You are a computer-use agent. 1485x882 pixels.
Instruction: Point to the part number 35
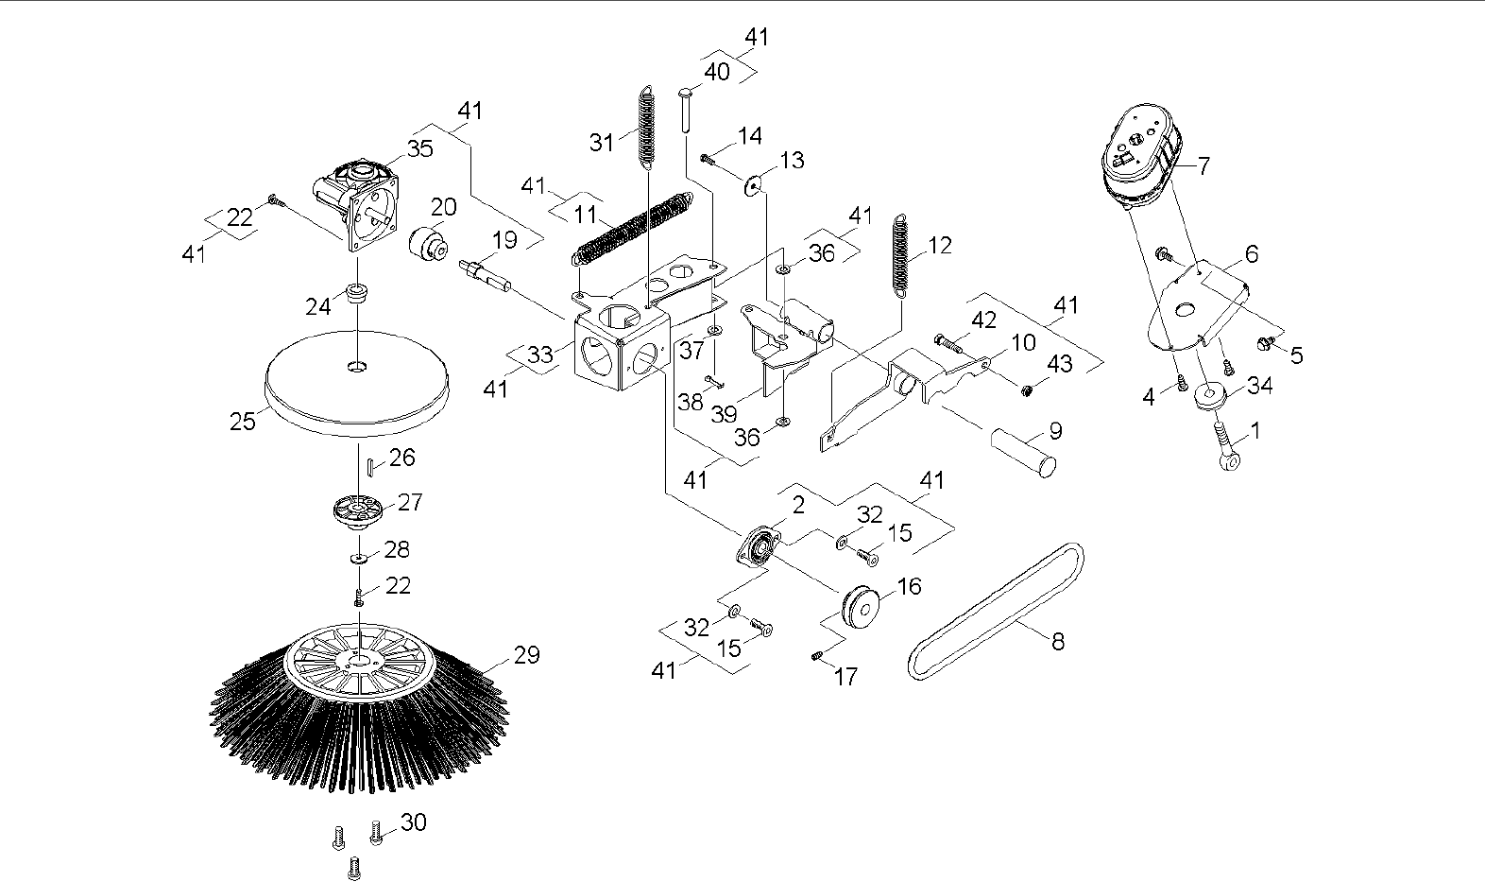419,147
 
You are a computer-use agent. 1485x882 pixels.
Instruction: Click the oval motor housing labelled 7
1141,156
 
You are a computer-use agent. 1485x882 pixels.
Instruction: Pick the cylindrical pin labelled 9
1022,452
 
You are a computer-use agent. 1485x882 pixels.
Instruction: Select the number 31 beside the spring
602,142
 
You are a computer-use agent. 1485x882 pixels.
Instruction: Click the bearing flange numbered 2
759,548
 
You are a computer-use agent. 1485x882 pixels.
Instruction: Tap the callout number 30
414,822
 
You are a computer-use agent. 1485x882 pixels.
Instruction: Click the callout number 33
539,355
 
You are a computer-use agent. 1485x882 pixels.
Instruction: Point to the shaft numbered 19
484,273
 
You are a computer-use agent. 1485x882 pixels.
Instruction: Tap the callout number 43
1061,363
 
